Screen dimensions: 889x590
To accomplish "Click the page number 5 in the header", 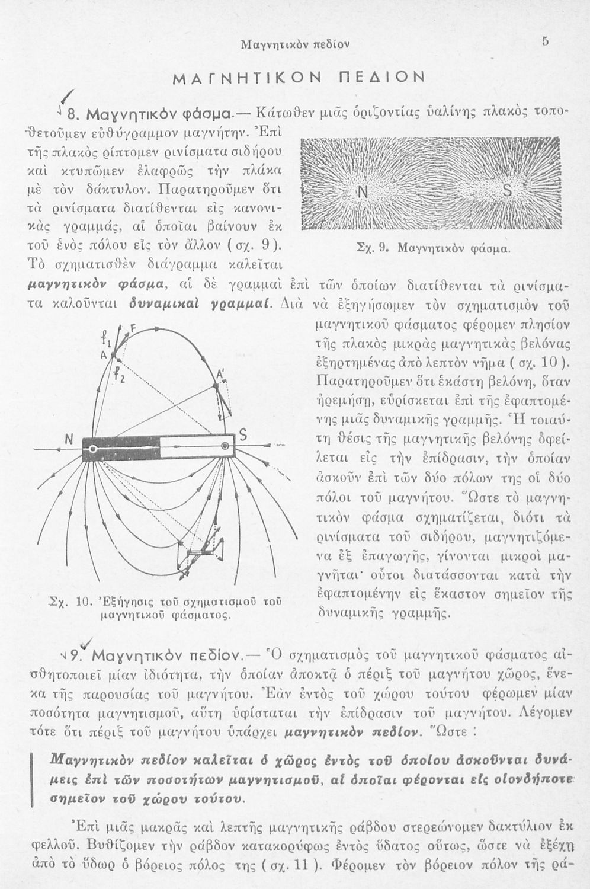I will point(546,42).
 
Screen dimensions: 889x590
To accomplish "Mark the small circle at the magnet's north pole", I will point(93,449).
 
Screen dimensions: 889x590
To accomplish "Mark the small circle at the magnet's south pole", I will point(226,445).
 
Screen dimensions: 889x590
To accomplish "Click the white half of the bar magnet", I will point(195,447).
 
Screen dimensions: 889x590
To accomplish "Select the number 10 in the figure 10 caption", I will point(82,604).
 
